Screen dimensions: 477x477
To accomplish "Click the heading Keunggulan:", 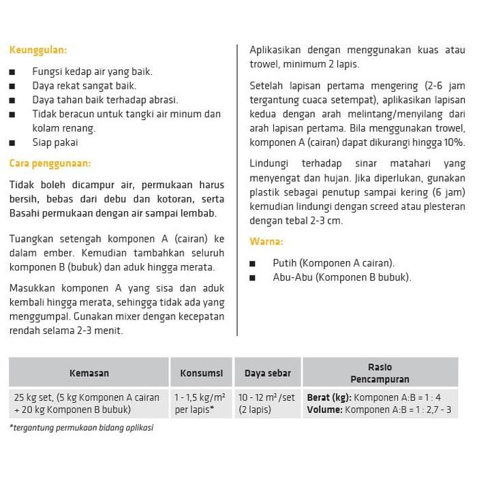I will point(37,50).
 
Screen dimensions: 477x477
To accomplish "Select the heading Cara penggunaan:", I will point(50,163).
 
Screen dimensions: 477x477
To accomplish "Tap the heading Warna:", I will point(266,241).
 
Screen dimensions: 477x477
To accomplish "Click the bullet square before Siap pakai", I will point(13,143).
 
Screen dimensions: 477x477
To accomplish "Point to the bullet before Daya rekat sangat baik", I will point(13,87).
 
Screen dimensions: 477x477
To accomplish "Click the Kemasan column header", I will point(89,373).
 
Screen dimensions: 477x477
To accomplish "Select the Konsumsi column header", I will point(201,373).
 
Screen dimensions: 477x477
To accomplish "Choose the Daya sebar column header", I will point(267,373).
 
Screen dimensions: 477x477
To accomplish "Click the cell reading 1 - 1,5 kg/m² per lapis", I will point(201,403).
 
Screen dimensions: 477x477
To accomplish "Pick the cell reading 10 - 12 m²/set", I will point(267,403).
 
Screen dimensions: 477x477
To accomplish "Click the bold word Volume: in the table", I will point(324,410).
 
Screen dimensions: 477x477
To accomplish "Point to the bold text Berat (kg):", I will point(328,397).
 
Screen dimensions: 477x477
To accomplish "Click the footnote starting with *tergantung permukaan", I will point(82,428).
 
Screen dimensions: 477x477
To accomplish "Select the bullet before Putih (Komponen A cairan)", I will point(253,263).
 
